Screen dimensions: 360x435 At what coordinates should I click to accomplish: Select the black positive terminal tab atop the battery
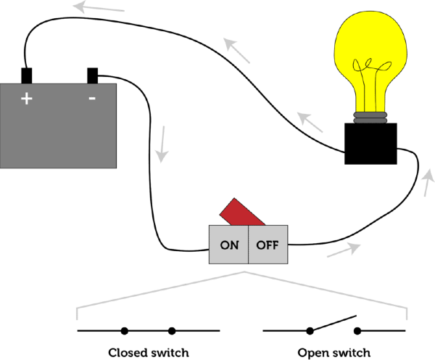tap(27, 75)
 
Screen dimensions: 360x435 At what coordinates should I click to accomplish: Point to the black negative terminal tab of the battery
tap(93, 75)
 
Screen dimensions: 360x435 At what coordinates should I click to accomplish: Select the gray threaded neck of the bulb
tap(370, 116)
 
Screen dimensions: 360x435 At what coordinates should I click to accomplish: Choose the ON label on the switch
tap(229, 245)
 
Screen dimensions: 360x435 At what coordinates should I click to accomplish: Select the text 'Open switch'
tap(333, 352)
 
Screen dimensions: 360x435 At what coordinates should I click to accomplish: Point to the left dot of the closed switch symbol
tap(125, 331)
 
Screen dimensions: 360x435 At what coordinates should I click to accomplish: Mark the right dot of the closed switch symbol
tap(172, 331)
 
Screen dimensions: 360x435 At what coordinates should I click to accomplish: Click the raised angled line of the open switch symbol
tap(333, 324)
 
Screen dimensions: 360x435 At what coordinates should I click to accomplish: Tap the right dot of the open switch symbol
tap(357, 331)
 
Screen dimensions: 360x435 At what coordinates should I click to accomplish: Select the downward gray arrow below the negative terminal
tap(163, 144)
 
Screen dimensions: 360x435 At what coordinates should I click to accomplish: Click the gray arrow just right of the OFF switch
tap(344, 250)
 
